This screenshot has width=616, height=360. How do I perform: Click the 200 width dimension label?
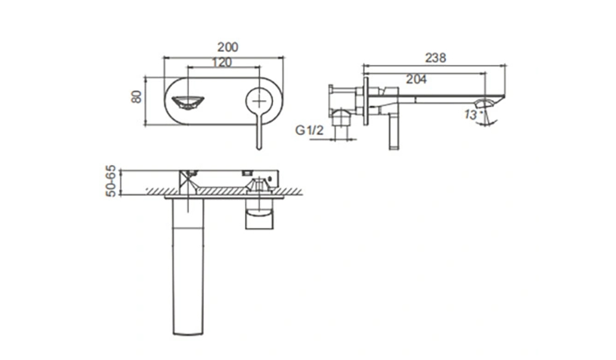(228, 47)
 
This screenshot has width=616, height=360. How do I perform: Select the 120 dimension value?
(222, 62)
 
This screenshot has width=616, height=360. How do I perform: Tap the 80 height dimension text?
(136, 97)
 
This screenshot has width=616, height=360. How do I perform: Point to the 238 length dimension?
(436, 58)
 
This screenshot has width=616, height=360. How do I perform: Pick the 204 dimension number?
(416, 80)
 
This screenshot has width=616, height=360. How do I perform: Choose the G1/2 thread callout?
(310, 130)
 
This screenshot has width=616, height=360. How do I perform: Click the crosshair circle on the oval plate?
(259, 100)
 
